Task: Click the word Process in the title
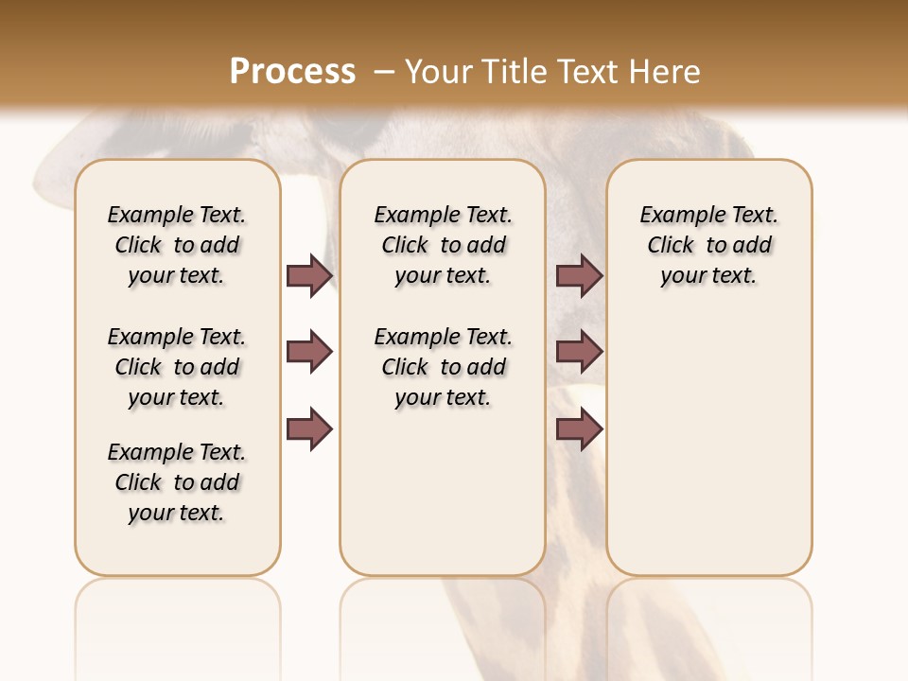(292, 71)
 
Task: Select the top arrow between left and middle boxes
(309, 275)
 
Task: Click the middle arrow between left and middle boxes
(309, 352)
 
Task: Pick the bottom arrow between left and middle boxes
(309, 429)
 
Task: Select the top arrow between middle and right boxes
(579, 275)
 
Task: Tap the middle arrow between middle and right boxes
(579, 352)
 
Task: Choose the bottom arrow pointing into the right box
(579, 429)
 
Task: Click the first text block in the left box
(177, 245)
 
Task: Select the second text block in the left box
(177, 367)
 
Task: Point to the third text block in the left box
(177, 482)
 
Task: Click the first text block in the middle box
(443, 245)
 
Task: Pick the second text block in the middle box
(443, 367)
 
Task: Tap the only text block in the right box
(708, 245)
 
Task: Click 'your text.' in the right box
(708, 276)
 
